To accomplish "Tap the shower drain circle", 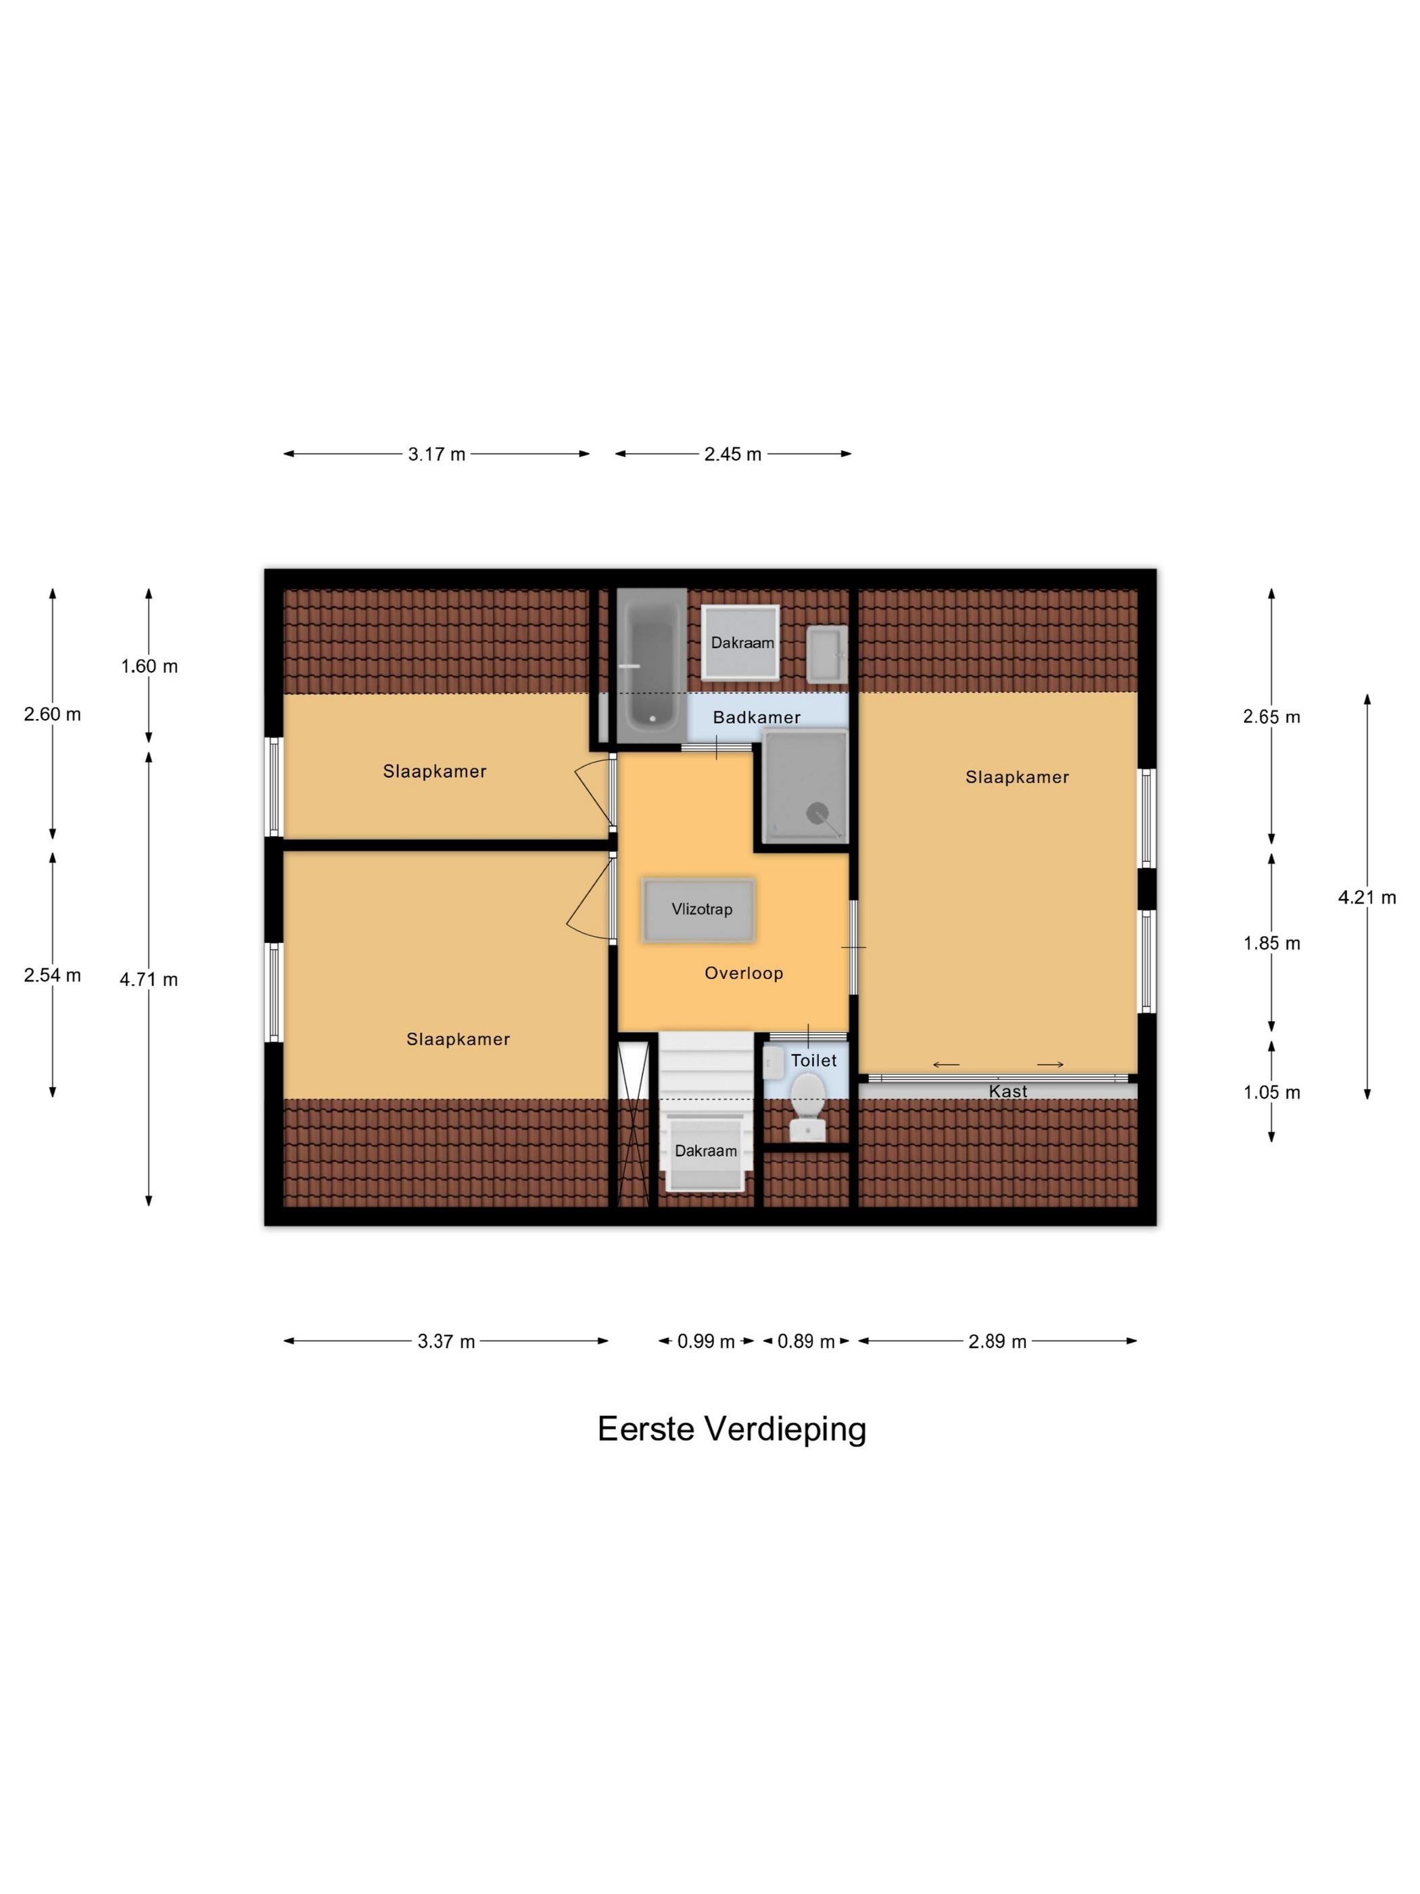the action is pyautogui.click(x=817, y=812).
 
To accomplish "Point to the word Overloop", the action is pyautogui.click(x=743, y=973).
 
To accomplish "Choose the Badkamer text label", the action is pyautogui.click(x=757, y=718).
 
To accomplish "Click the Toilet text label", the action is pyautogui.click(x=813, y=1060).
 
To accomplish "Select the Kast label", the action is pyautogui.click(x=1008, y=1091).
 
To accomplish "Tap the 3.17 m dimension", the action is pyautogui.click(x=437, y=455).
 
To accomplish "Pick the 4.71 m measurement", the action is pyautogui.click(x=149, y=979).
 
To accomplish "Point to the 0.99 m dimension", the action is pyautogui.click(x=706, y=1342).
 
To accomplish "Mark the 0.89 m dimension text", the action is pyautogui.click(x=805, y=1342).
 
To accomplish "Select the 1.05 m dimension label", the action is pyautogui.click(x=1272, y=1092).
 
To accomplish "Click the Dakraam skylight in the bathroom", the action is pyautogui.click(x=740, y=642).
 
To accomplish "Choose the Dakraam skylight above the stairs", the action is pyautogui.click(x=705, y=1152).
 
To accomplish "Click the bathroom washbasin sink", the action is pyautogui.click(x=827, y=654).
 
